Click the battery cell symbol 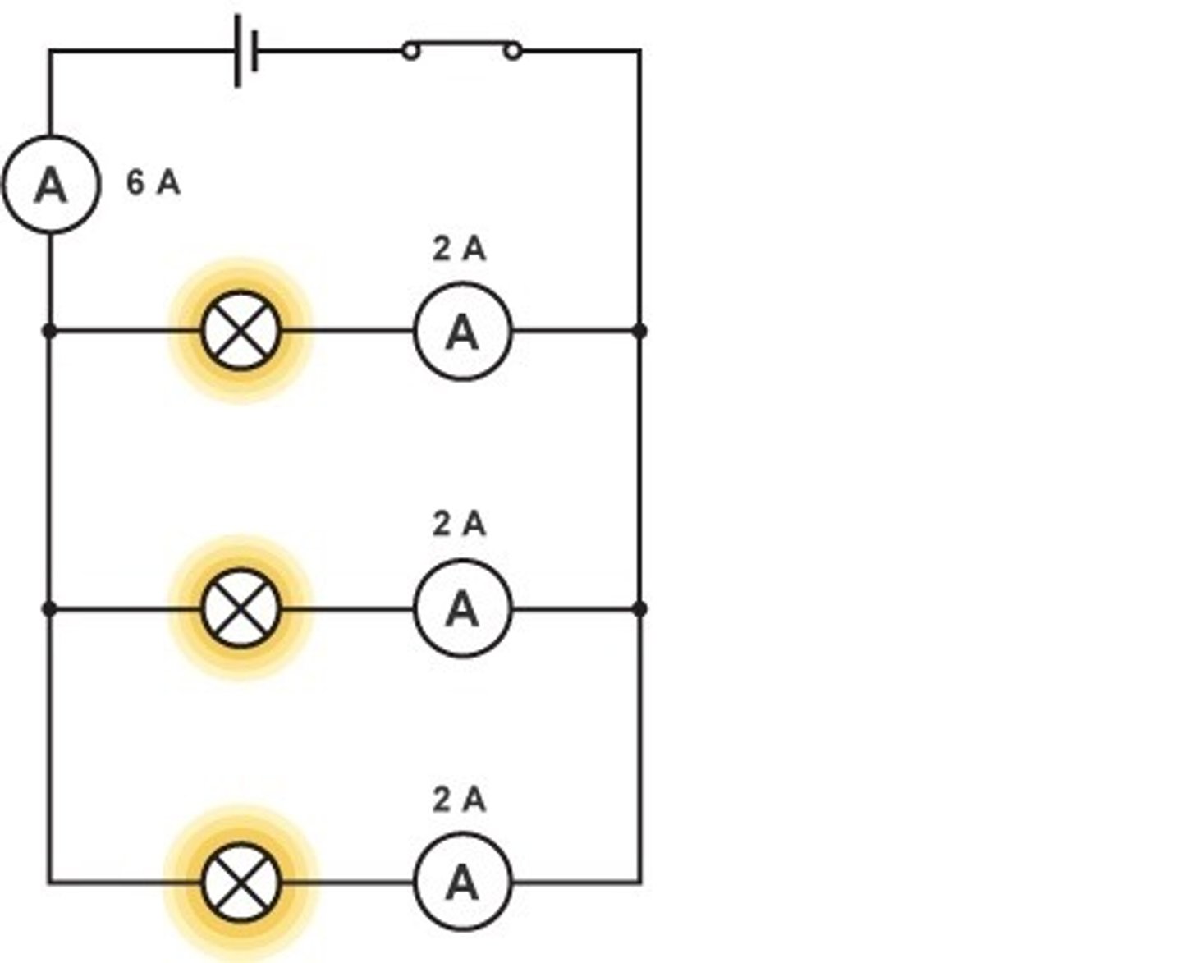click(x=246, y=51)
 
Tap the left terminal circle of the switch click(x=411, y=52)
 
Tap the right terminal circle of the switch click(x=512, y=52)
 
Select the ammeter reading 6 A click(x=51, y=185)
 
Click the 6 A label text click(x=153, y=182)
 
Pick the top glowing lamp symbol click(x=241, y=331)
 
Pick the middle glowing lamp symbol click(x=241, y=608)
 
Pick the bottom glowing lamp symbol click(x=241, y=883)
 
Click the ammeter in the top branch click(x=463, y=332)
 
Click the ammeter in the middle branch click(x=463, y=608)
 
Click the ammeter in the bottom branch click(x=463, y=883)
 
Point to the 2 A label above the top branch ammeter click(x=459, y=249)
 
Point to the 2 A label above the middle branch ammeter click(x=459, y=524)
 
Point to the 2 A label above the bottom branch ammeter click(x=459, y=799)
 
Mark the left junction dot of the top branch click(x=49, y=331)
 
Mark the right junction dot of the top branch click(x=640, y=331)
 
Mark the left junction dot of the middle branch click(x=49, y=608)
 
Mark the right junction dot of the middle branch click(x=640, y=608)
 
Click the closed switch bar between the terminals click(x=461, y=42)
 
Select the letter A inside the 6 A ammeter click(x=51, y=186)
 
